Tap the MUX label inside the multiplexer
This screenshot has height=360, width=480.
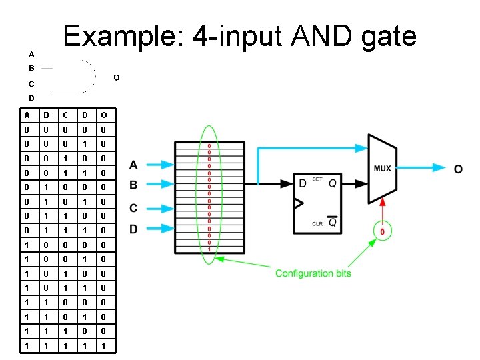(382, 169)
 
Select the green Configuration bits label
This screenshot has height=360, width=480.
(313, 273)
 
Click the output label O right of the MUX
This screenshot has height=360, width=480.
(458, 169)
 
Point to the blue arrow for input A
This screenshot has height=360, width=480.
(158, 164)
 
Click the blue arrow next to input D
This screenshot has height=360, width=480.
(158, 229)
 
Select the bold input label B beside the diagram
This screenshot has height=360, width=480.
(133, 185)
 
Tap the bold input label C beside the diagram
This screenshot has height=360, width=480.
(133, 208)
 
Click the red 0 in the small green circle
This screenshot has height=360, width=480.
(382, 231)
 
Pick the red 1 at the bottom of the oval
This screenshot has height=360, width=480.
(209, 249)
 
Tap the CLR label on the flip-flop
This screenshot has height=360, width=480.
(318, 224)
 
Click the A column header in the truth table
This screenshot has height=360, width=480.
(24, 115)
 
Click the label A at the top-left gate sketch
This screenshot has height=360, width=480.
(31, 53)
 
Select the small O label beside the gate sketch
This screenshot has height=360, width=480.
(116, 77)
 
